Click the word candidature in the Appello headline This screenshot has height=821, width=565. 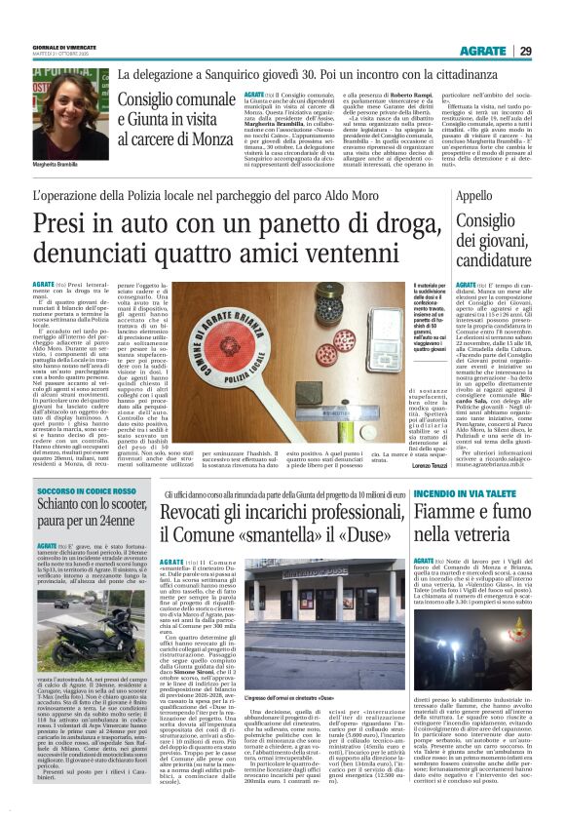495,263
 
